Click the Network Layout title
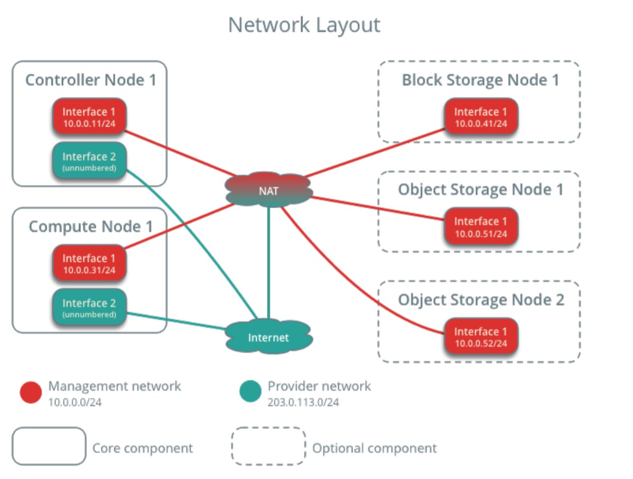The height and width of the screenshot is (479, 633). point(304,25)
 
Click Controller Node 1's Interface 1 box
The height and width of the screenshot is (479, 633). point(89,116)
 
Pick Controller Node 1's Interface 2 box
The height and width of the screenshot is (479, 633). point(89,161)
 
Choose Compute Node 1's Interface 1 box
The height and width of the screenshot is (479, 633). point(89,263)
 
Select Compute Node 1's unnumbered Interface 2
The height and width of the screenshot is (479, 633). point(89,307)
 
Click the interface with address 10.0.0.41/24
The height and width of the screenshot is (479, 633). point(480,116)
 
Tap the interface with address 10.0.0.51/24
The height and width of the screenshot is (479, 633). point(480,226)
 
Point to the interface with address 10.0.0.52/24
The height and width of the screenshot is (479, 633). point(480,336)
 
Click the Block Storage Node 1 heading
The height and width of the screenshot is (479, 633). point(480,80)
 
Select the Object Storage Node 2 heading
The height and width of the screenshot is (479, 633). point(480,300)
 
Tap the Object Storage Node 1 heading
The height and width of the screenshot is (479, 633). point(480,190)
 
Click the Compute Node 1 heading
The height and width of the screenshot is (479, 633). point(90,226)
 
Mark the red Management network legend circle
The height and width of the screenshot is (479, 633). point(31,392)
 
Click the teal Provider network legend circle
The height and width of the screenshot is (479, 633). point(250,392)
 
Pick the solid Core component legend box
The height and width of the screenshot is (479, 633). point(49,446)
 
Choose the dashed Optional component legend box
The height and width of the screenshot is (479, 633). point(268,446)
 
